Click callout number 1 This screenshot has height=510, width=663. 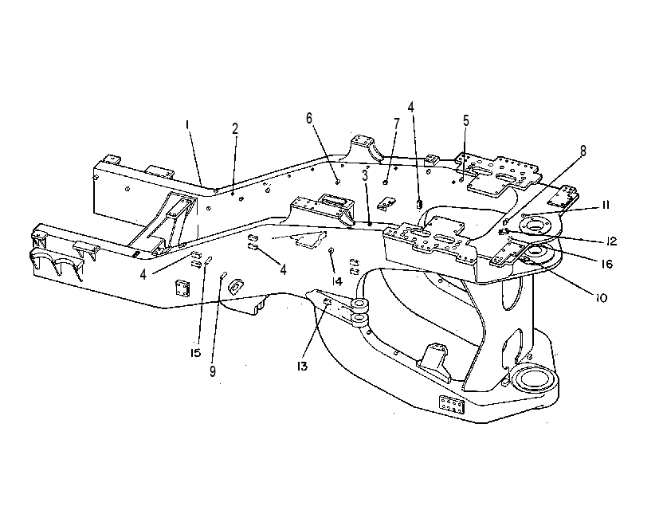(187, 125)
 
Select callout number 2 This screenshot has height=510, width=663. (235, 128)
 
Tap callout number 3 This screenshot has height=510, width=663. (365, 175)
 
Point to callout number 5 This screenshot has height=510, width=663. (466, 121)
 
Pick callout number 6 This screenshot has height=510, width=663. (309, 119)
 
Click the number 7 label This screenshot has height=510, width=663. (396, 124)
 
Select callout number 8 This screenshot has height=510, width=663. (583, 151)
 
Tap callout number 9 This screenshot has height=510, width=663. (213, 371)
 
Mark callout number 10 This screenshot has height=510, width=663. (601, 298)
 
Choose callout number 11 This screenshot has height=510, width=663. (606, 205)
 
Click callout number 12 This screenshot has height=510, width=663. (611, 241)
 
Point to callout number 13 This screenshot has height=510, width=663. (302, 367)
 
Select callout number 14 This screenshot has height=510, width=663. (337, 281)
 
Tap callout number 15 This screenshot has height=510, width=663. (195, 353)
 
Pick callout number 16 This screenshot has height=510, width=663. (606, 264)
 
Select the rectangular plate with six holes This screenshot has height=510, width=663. (452, 405)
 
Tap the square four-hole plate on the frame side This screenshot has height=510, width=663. (183, 288)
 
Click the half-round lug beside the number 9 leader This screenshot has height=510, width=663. (234, 287)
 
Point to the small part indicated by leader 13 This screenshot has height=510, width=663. (328, 301)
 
